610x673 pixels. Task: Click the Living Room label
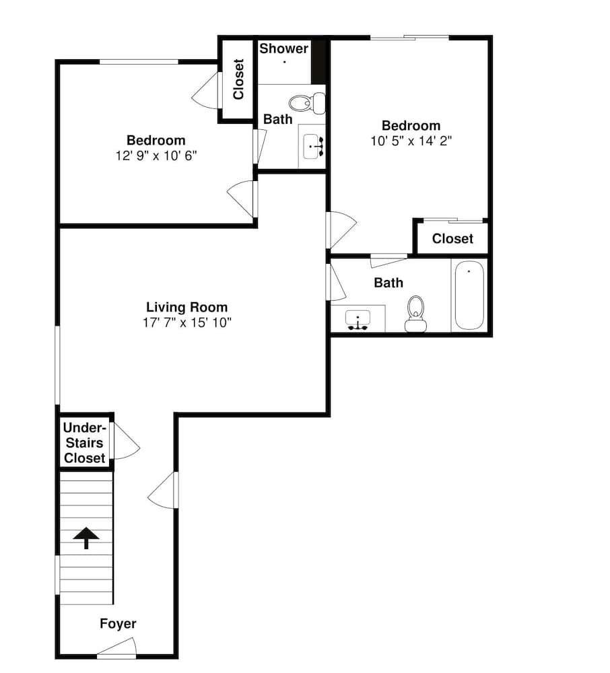187,308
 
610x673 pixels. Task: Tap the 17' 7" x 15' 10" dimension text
187,322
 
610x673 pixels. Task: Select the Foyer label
118,624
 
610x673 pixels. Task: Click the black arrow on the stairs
86,538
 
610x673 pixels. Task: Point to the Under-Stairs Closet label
85,443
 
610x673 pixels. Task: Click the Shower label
283,48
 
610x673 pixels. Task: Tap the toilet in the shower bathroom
307,103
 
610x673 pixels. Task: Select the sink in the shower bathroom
313,146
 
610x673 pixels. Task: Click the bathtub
469,295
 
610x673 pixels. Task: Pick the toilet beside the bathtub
415,314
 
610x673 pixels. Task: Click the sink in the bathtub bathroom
358,320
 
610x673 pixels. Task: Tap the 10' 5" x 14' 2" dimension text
411,141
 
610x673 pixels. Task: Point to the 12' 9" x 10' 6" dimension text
156,155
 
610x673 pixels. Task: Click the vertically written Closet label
238,79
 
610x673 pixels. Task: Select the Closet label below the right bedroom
452,239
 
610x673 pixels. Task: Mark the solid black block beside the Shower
318,61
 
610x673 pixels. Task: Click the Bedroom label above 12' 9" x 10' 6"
156,141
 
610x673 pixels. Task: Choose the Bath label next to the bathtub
388,283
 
